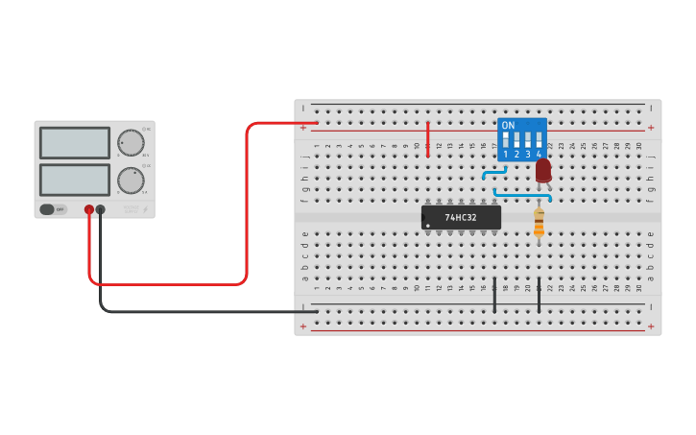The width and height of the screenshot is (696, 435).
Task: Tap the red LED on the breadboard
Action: click(543, 170)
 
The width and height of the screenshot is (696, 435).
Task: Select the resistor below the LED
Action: click(539, 222)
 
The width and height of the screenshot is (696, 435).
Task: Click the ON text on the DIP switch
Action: click(508, 126)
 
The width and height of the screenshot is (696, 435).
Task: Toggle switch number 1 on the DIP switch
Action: click(505, 140)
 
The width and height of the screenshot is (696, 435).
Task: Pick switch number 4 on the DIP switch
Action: click(539, 140)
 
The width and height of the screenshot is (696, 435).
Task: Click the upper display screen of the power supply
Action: click(75, 143)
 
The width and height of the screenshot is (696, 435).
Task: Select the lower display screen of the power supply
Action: click(75, 180)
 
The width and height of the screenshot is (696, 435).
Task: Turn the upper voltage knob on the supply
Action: click(131, 143)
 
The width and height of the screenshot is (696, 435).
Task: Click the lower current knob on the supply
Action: click(131, 181)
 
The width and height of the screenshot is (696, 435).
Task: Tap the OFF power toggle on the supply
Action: click(54, 208)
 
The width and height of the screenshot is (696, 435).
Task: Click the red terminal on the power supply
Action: click(89, 209)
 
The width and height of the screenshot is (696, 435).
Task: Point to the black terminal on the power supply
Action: click(100, 209)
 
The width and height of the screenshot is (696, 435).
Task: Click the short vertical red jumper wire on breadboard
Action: click(428, 139)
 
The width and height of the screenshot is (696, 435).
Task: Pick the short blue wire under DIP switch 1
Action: click(493, 174)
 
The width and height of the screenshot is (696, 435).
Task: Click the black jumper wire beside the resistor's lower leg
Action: click(539, 295)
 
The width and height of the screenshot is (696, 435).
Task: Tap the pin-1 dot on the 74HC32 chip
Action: click(427, 226)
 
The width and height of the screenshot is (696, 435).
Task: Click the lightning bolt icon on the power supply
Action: click(145, 209)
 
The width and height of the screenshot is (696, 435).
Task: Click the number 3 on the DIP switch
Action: click(527, 154)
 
